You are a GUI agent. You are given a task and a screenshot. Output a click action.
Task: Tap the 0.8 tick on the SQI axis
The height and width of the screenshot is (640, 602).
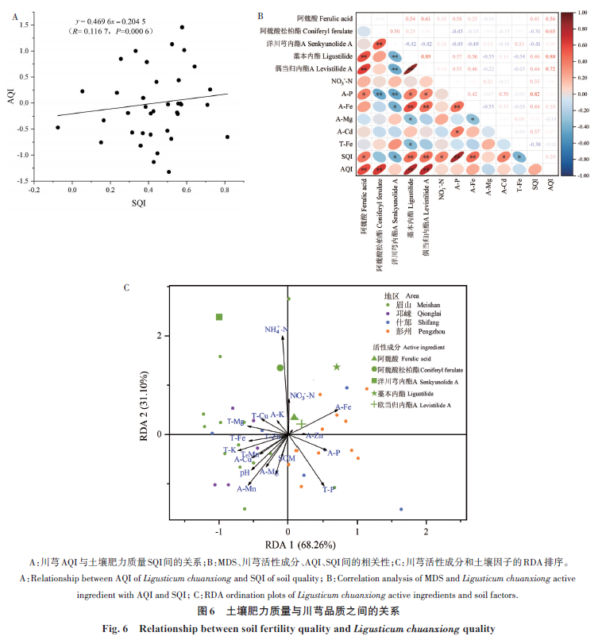[226, 190]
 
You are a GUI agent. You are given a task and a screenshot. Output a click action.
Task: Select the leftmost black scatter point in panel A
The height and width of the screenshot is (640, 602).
[57, 127]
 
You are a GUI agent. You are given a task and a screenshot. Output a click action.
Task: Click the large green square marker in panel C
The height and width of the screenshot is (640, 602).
[219, 318]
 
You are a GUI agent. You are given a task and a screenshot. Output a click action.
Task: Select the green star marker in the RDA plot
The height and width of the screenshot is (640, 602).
[337, 367]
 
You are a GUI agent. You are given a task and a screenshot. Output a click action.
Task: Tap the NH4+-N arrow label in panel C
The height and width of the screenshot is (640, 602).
[276, 329]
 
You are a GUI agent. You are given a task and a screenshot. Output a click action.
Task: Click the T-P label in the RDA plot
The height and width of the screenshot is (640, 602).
[328, 490]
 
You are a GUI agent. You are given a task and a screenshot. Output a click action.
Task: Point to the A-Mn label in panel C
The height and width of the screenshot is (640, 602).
[245, 489]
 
